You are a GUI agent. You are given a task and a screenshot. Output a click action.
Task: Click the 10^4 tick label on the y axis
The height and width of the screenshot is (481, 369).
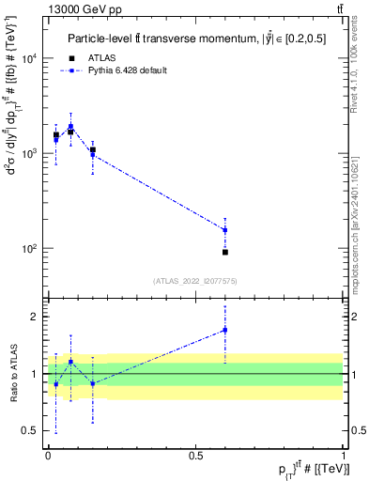(28, 57)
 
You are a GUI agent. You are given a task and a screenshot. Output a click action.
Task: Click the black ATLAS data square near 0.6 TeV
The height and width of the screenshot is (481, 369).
(225, 252)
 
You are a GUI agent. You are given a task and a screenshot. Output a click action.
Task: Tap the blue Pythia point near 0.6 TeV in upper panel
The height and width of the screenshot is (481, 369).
(225, 230)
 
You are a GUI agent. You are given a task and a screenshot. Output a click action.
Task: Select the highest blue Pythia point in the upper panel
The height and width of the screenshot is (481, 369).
(70, 127)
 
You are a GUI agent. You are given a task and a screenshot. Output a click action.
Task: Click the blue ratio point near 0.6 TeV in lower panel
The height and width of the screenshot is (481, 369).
(225, 330)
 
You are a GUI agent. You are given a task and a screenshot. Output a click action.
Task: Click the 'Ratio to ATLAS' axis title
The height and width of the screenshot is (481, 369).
(12, 373)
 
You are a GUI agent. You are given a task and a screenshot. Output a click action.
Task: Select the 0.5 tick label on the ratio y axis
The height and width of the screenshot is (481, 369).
(30, 431)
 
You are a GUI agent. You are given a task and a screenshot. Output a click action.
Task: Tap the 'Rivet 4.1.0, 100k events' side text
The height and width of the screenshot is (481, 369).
(356, 70)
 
